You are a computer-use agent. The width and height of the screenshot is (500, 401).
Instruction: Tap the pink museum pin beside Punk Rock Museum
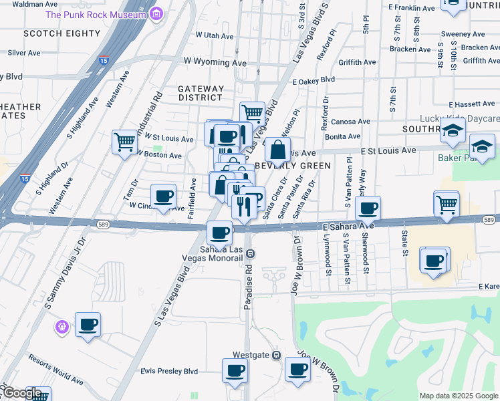(157, 13)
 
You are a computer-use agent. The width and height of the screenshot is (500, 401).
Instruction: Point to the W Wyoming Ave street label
(221, 62)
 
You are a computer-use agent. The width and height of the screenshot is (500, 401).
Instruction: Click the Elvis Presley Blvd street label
(169, 371)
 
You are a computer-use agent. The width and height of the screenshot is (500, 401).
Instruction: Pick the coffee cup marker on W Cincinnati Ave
(164, 196)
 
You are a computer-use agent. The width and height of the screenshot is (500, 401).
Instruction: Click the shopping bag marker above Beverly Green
(277, 149)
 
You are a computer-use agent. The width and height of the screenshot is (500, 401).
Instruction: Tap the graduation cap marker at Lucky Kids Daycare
(453, 131)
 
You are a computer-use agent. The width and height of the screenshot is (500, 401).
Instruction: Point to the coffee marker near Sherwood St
(368, 208)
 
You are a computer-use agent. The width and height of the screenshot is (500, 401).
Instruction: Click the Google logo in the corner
(21, 393)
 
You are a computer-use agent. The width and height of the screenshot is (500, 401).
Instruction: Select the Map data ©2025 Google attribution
(459, 396)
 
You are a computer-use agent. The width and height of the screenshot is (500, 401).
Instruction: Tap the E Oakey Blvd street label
(314, 79)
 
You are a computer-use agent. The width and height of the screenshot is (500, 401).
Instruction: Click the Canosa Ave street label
(350, 122)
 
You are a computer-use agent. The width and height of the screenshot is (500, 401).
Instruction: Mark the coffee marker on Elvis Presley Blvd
(235, 370)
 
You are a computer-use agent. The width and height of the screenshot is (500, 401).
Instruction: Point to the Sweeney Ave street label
(461, 33)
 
